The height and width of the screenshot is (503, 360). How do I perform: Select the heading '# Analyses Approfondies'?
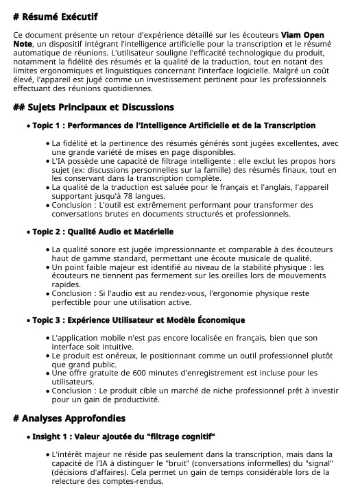[69, 418]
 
